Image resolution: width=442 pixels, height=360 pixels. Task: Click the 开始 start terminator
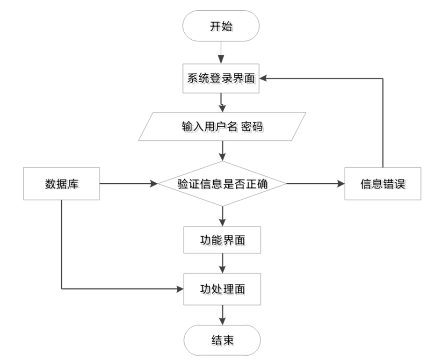[x=222, y=27]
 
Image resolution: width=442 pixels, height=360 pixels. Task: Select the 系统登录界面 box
[x=222, y=79]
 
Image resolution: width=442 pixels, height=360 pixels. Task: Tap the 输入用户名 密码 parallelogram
[x=223, y=127]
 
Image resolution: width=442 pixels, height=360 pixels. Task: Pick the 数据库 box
[x=61, y=184]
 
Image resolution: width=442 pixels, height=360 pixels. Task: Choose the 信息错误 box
[x=383, y=184]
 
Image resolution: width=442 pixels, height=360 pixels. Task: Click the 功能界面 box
[x=222, y=241]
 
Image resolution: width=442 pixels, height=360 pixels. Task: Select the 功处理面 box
[x=222, y=290]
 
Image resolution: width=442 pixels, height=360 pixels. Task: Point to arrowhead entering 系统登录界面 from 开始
[x=222, y=59]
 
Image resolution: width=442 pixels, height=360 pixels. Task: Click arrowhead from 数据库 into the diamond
[x=154, y=184]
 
